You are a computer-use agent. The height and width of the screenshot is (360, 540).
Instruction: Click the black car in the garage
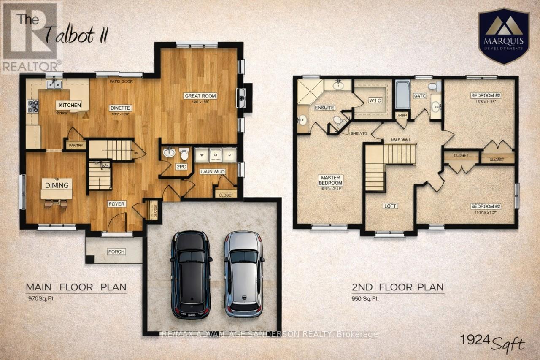click(x=191, y=274)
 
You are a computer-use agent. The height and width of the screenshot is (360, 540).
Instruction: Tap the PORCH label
click(x=116, y=252)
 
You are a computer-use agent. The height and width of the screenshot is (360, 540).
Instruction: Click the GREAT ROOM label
click(x=200, y=96)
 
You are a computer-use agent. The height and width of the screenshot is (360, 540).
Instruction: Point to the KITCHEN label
click(x=70, y=105)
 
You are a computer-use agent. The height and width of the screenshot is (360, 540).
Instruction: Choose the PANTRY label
click(x=76, y=145)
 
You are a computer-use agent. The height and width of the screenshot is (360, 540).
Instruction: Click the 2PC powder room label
click(x=181, y=167)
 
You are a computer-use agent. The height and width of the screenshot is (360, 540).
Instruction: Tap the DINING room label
click(x=57, y=185)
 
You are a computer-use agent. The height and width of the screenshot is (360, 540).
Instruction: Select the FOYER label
click(x=116, y=204)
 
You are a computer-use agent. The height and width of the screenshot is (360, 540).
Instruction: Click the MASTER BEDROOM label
click(x=331, y=180)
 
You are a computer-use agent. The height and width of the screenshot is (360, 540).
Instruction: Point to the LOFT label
click(x=390, y=206)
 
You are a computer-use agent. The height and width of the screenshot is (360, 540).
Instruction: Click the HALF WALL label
click(x=400, y=140)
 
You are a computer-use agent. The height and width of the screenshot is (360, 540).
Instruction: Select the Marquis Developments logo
click(x=503, y=38)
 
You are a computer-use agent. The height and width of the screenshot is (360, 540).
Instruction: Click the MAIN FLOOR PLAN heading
click(x=76, y=287)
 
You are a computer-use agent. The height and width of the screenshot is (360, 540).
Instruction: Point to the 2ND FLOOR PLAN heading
click(x=397, y=287)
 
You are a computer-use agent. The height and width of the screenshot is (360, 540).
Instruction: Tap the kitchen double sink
click(x=54, y=85)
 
